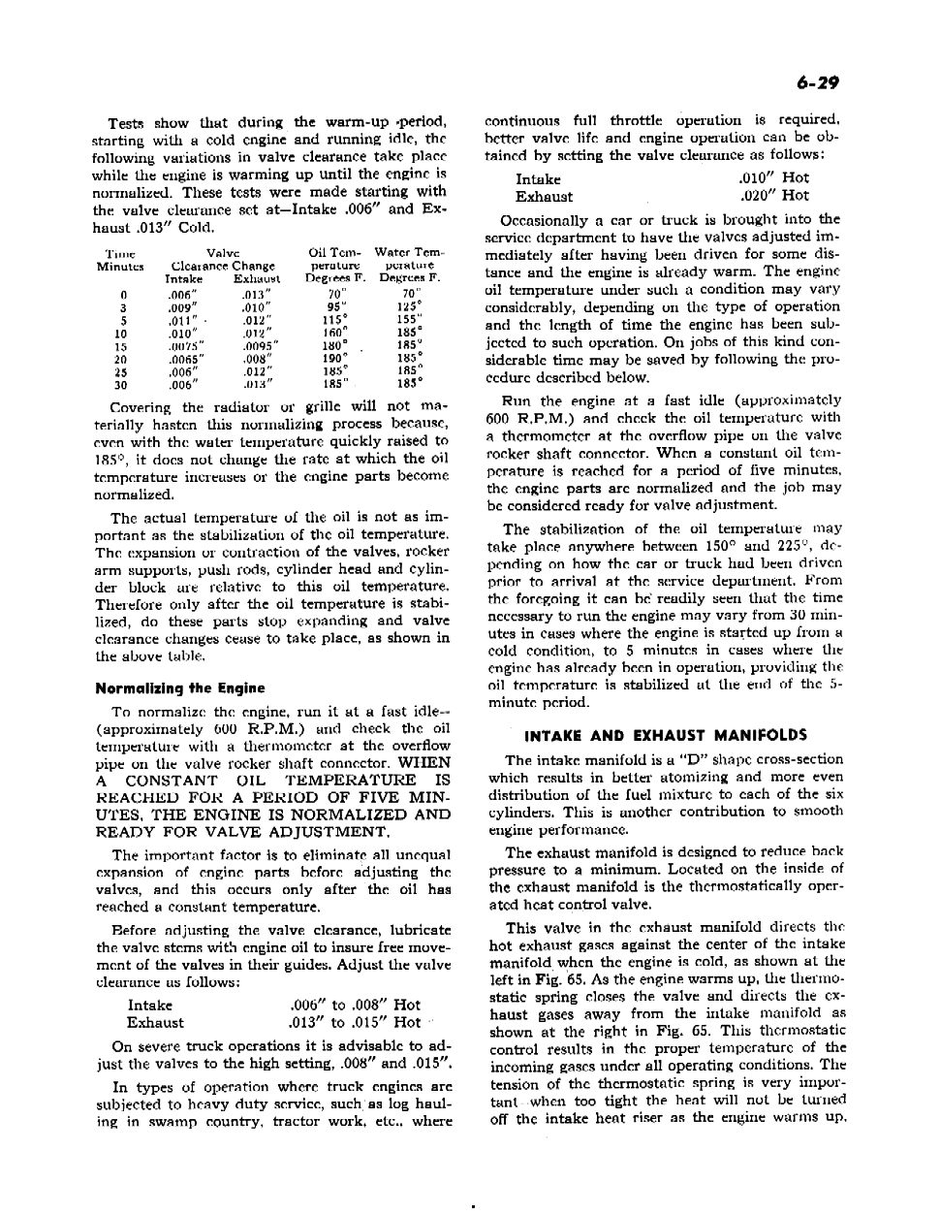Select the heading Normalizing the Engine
(x=179, y=688)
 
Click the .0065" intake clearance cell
(x=182, y=358)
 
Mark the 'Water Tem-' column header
(x=409, y=253)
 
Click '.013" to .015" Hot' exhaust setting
(x=355, y=1022)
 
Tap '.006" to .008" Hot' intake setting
(x=355, y=1005)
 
